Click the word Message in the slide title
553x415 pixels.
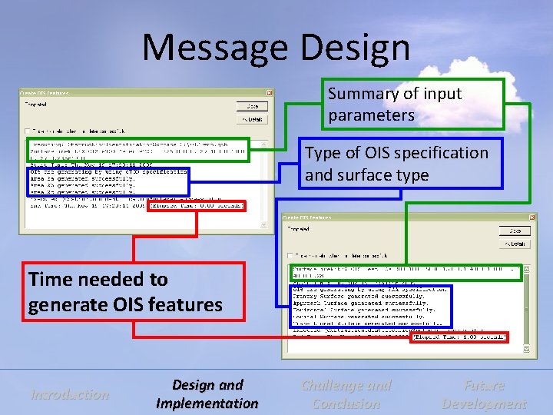point(217,48)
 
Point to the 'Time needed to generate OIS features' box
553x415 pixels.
point(134,291)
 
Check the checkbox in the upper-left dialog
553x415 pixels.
point(28,131)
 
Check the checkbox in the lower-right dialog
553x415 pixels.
point(290,256)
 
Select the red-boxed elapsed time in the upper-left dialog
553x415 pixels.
point(197,205)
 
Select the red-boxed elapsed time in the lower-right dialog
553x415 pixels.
point(459,337)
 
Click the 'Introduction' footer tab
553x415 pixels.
point(70,395)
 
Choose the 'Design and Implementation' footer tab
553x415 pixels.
point(207,394)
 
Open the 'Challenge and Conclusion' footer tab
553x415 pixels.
point(346,394)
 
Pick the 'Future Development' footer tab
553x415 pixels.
point(484,394)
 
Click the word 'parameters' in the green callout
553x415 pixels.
point(371,116)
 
